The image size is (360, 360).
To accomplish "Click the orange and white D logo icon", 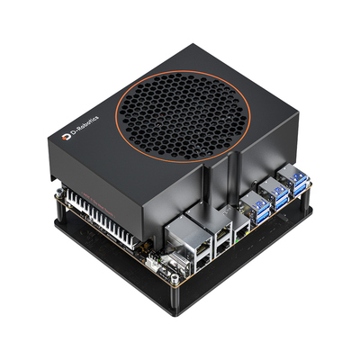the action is pos(67,137).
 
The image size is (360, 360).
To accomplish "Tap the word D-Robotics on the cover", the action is pos(85,126).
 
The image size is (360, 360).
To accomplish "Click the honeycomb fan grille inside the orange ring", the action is pos(183,116).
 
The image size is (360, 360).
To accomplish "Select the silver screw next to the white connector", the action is pos(174,280).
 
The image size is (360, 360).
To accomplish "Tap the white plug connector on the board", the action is pos(151,262).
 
